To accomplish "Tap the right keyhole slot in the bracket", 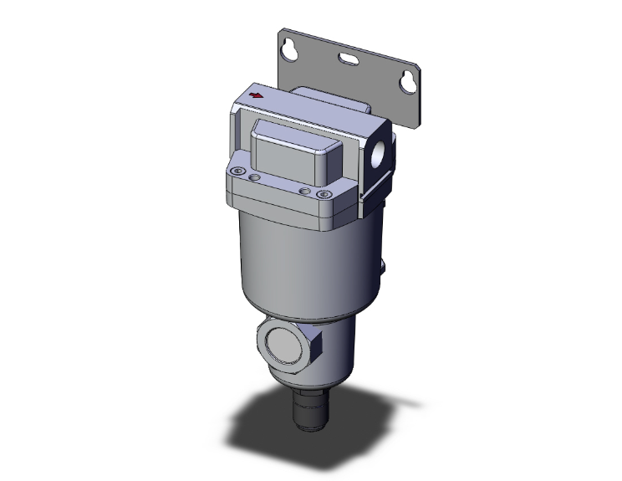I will [x=408, y=81].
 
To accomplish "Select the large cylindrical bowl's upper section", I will [x=293, y=251].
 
